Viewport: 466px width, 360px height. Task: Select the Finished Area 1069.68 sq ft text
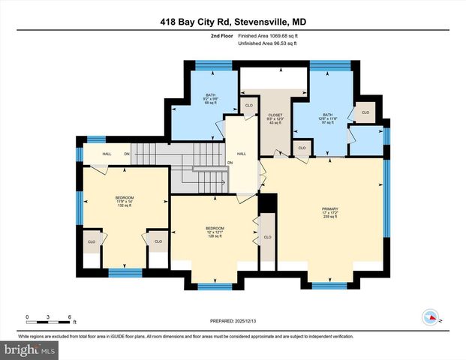click(267, 35)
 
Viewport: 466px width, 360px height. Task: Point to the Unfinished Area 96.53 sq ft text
click(267, 44)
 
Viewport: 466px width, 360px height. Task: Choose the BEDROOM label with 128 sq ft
click(215, 231)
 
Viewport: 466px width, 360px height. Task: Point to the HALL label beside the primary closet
click(242, 154)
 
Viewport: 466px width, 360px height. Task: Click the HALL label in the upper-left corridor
click(98, 154)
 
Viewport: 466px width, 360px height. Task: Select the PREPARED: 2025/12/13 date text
click(233, 320)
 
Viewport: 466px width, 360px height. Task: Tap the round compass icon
click(431, 317)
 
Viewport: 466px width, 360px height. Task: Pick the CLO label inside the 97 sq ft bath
click(365, 113)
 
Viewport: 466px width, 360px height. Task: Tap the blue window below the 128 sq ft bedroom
click(213, 286)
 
